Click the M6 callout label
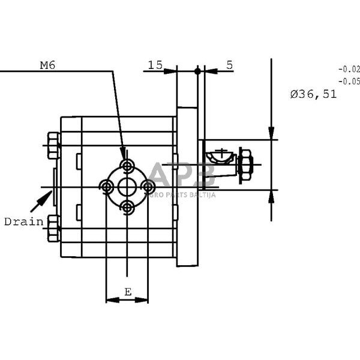click(47, 65)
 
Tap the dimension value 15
click(155, 65)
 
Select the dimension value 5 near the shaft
click(230, 65)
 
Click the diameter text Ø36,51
click(313, 94)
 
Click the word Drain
click(23, 221)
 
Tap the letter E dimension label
click(127, 292)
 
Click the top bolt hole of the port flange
click(127, 166)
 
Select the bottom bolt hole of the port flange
click(127, 208)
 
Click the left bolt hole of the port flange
click(107, 187)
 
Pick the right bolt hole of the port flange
click(148, 187)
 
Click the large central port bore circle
click(127, 187)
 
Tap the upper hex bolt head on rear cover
click(53, 145)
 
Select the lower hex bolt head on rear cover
click(53, 229)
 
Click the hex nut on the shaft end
click(245, 164)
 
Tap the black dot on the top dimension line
click(197, 71)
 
